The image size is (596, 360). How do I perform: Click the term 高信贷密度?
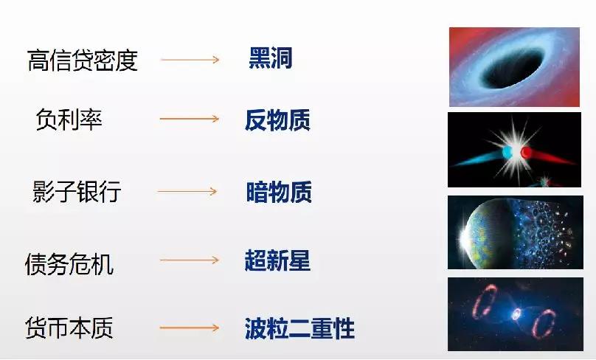83,60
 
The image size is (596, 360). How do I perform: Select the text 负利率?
69,120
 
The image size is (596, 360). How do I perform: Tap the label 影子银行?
77,191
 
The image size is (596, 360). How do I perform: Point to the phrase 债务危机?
69,264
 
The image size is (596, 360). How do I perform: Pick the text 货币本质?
69,328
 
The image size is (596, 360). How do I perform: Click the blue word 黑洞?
271,58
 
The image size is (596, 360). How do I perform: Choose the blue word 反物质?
278,120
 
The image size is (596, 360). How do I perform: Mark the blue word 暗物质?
279,192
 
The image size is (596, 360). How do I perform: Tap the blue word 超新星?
277,260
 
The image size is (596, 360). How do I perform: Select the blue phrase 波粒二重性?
299,328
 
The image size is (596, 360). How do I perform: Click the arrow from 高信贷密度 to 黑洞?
190,60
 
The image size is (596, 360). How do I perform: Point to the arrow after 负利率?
190,119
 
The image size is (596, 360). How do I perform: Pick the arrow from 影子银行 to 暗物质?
187,191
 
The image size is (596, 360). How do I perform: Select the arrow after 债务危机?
190,260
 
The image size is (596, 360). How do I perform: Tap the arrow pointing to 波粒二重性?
190,328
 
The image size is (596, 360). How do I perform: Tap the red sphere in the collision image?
526,153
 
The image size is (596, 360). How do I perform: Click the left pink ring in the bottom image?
484,302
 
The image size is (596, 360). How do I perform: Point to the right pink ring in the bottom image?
544,324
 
